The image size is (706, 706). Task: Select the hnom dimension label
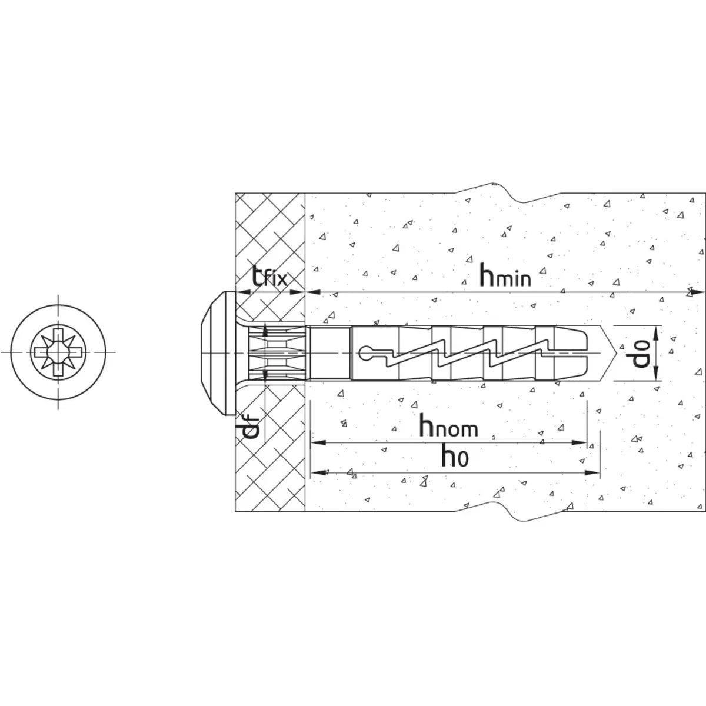(448, 425)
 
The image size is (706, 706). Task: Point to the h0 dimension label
(455, 456)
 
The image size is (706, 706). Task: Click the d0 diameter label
(641, 353)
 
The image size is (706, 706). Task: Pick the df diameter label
(251, 428)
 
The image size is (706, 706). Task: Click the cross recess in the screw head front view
(58, 352)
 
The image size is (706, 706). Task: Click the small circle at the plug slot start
(365, 353)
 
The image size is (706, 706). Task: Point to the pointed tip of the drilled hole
(618, 353)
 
